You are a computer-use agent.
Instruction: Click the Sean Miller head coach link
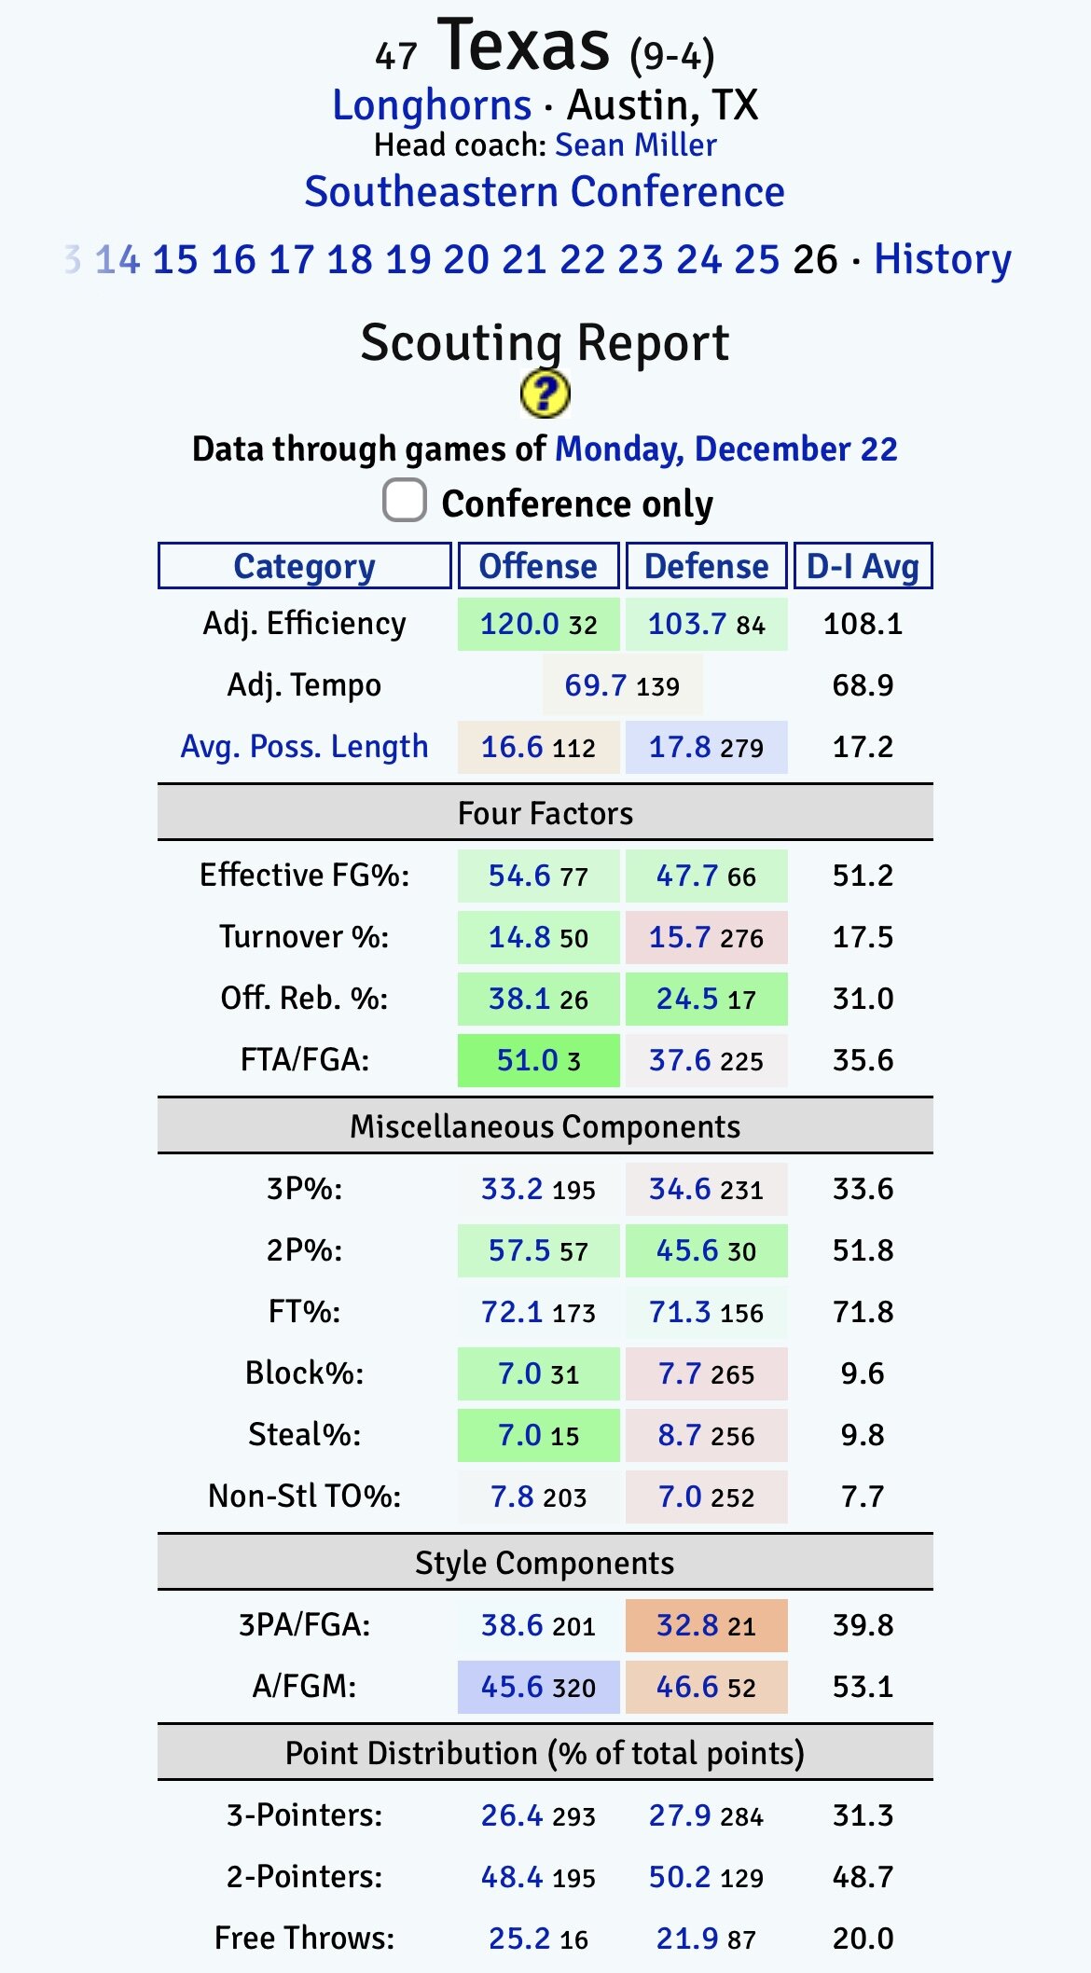tap(635, 145)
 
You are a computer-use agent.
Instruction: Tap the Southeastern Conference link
tap(545, 192)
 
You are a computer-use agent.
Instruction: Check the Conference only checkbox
tap(405, 501)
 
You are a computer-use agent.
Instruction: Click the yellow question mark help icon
tap(545, 393)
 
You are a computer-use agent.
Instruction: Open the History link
tap(942, 259)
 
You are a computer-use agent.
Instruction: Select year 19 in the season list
tap(408, 259)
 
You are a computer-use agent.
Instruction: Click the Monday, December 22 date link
tap(726, 449)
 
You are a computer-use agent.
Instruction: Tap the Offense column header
tap(538, 566)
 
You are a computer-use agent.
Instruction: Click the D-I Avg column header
tap(863, 566)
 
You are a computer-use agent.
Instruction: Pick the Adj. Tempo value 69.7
tap(596, 685)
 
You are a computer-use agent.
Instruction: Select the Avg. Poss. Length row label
tap(305, 747)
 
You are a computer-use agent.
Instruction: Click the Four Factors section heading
tap(545, 813)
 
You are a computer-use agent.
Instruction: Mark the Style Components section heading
tap(545, 1563)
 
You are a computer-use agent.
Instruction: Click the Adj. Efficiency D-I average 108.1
tap(863, 624)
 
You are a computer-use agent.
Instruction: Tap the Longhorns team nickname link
tap(432, 105)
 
